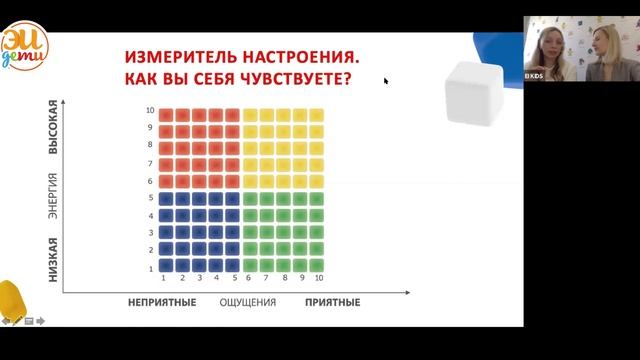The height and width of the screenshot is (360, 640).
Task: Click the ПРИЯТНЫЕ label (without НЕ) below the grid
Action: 332,301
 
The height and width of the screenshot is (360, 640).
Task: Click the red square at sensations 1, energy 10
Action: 166,113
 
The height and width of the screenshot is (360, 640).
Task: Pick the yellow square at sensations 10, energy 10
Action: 317,113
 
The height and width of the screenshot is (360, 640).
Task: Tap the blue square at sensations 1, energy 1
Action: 166,266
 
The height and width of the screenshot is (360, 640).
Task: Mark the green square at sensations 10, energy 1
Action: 317,266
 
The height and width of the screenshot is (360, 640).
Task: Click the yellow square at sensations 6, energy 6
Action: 250,181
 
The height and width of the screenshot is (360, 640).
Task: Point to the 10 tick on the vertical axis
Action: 150,111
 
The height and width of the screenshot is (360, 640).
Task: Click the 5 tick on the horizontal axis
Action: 233,278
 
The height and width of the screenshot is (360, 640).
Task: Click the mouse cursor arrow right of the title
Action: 386,81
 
